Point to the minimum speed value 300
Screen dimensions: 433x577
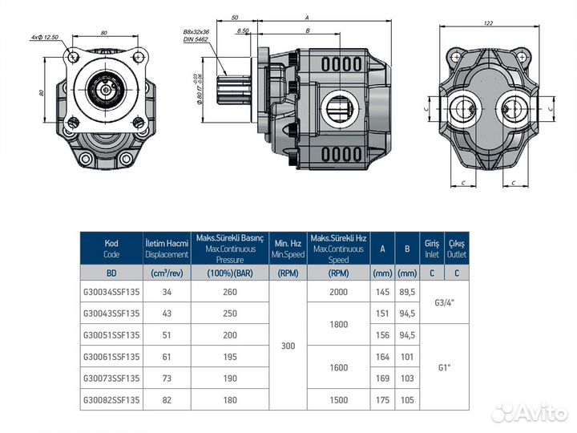[288, 346]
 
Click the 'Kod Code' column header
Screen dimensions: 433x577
[111, 248]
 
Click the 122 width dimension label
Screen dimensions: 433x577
[488, 23]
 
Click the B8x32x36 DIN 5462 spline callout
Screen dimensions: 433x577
[196, 34]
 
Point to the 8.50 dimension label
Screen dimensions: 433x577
[244, 30]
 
